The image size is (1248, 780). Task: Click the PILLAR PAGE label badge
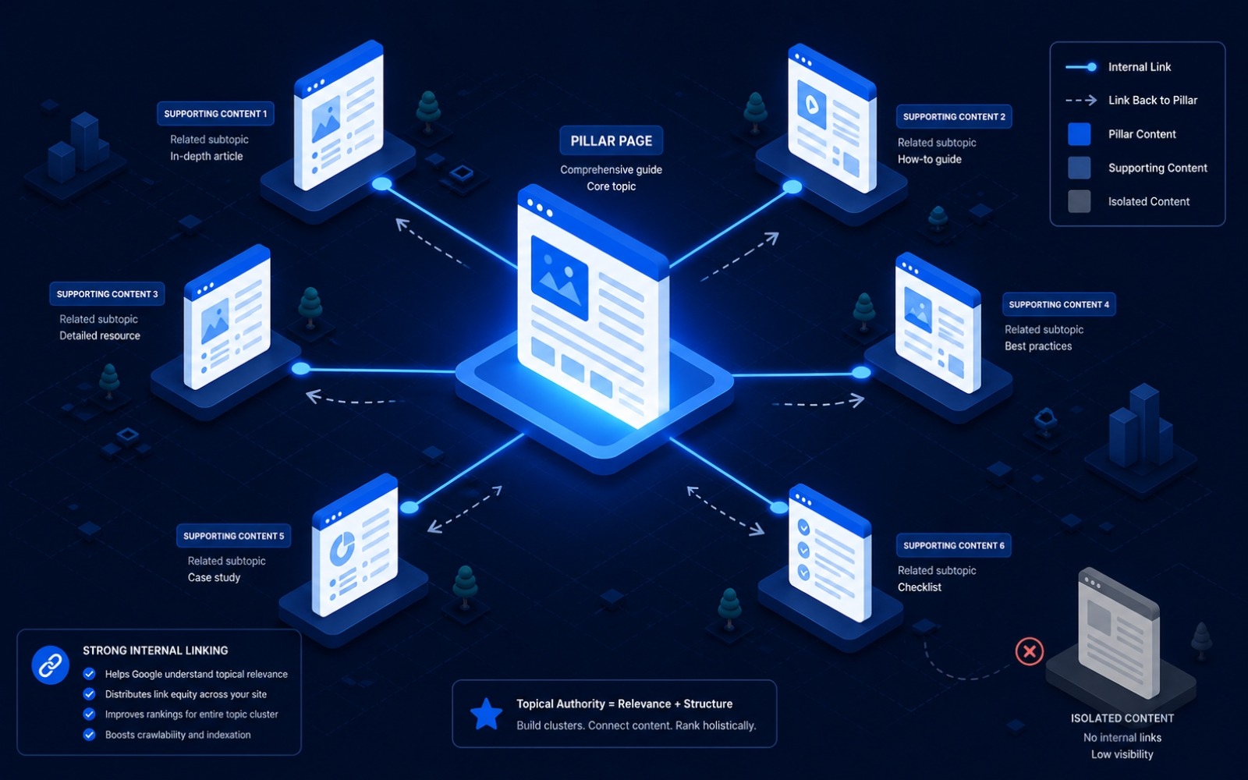(612, 140)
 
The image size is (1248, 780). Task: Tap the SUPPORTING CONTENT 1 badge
(215, 114)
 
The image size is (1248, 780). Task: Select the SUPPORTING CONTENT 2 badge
(954, 116)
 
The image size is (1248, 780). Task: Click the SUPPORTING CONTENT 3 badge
(107, 293)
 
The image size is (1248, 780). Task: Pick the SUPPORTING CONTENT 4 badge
(1058, 304)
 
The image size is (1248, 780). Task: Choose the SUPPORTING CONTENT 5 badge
(233, 536)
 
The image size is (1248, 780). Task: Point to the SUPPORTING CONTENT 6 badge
(954, 545)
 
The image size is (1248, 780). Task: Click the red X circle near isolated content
(1029, 651)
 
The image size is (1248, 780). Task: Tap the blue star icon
(487, 714)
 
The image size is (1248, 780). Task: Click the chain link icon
(50, 665)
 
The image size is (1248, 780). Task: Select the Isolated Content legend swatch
(1080, 201)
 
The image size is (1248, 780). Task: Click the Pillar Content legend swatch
(1080, 134)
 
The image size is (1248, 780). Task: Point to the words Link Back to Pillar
(1153, 101)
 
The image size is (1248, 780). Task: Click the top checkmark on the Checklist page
(803, 526)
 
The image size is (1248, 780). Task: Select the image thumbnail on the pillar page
(559, 277)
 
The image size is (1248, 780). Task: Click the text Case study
(214, 578)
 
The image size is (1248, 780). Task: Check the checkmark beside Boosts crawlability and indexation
(89, 735)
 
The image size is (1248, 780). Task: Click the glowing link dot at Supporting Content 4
(861, 372)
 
